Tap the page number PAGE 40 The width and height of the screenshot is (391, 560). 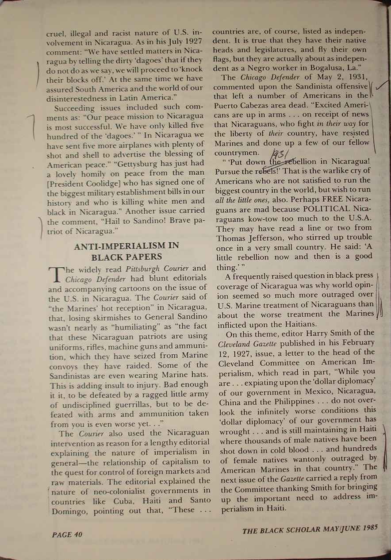coord(67,534)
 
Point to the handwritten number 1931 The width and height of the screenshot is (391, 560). coord(280,155)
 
